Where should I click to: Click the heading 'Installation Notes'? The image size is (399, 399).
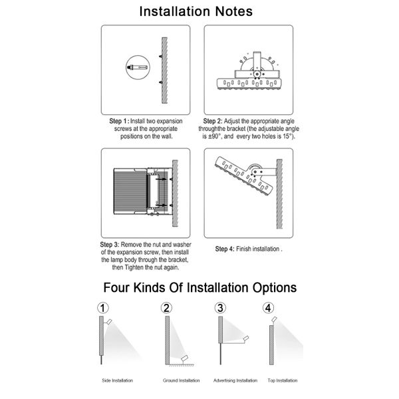(199, 11)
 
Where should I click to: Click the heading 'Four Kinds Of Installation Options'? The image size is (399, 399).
(199, 288)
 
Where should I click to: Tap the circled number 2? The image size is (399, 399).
(166, 308)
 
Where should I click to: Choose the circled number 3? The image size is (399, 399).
(219, 308)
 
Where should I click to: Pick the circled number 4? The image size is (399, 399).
(268, 308)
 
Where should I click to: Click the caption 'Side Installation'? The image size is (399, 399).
(118, 380)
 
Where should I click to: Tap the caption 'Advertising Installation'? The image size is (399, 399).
(235, 380)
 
